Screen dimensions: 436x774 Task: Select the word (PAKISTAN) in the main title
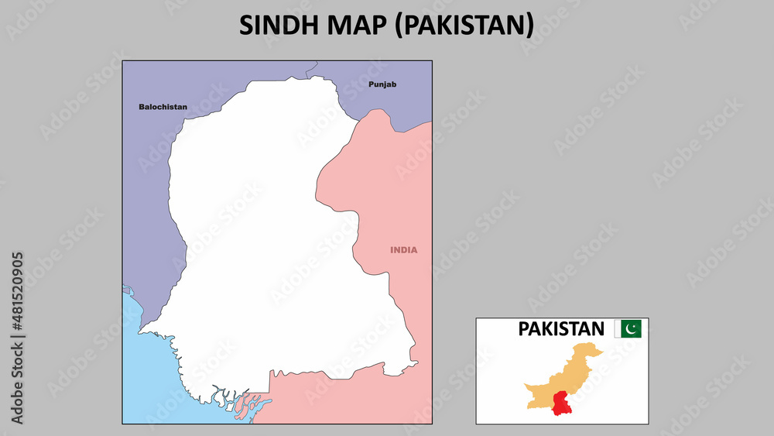click(464, 25)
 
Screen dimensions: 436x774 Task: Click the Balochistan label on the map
click(163, 107)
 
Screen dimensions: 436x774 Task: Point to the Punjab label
click(382, 84)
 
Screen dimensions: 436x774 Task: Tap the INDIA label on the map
click(403, 250)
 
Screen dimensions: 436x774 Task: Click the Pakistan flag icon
click(628, 329)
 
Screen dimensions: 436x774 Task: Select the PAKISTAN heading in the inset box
click(561, 329)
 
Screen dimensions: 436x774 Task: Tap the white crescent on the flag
click(632, 329)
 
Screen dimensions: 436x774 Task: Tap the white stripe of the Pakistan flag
click(618, 329)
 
